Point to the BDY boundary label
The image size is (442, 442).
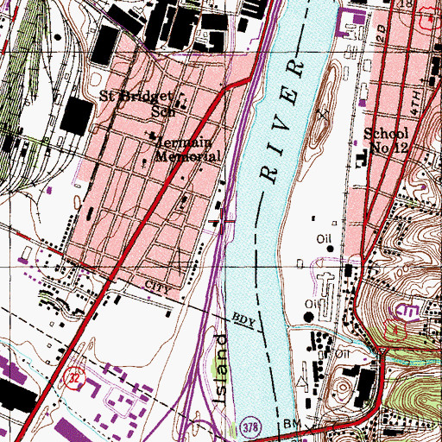tap(244, 319)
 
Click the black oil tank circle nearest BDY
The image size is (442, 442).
tap(311, 317)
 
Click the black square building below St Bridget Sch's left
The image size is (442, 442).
tap(78, 112)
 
